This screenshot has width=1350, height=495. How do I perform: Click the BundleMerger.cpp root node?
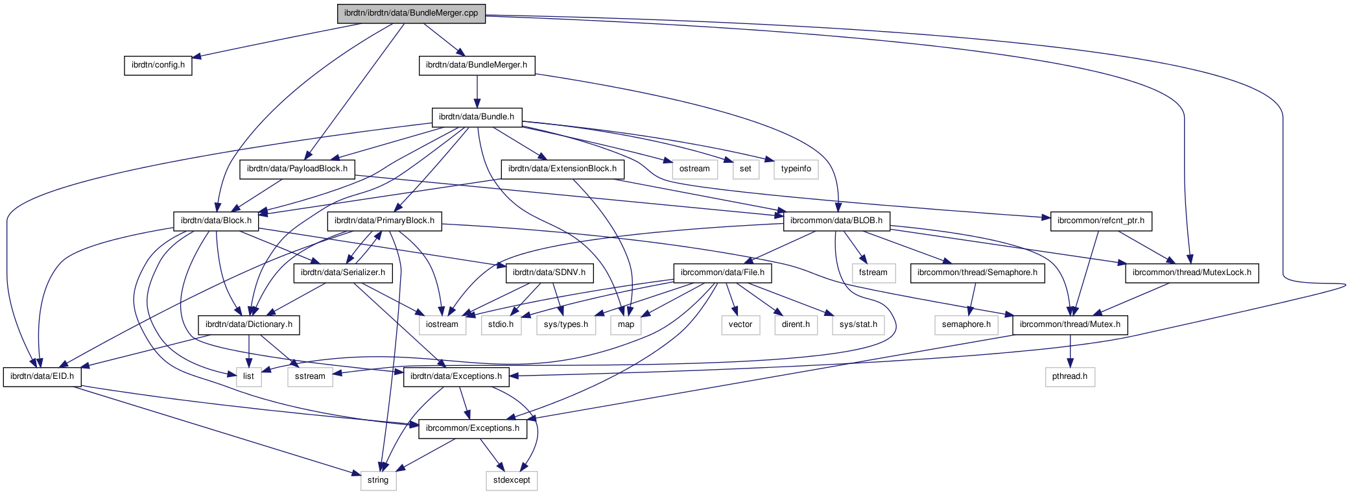click(x=411, y=13)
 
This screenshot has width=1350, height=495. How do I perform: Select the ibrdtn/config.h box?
click(x=158, y=65)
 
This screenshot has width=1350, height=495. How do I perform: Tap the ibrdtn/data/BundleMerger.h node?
click(x=477, y=65)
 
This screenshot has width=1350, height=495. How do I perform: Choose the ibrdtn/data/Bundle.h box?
click(x=477, y=117)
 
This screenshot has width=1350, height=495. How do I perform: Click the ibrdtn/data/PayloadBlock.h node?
click(x=298, y=169)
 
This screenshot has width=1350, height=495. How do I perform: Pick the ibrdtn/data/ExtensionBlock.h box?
click(x=562, y=169)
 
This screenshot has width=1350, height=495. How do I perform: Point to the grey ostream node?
click(x=694, y=169)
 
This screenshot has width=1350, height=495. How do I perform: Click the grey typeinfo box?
click(x=796, y=169)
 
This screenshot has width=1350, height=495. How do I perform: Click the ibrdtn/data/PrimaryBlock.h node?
click(x=385, y=221)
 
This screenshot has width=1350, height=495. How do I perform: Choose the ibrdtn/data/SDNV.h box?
click(x=549, y=272)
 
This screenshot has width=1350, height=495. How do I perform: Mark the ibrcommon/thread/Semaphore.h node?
click(x=977, y=272)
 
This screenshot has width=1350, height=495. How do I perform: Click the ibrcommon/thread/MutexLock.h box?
click(x=1192, y=272)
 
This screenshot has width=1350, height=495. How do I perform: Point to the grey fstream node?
click(x=873, y=272)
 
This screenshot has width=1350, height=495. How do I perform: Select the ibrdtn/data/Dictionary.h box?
click(x=249, y=324)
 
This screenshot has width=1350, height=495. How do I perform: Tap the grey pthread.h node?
click(x=1070, y=376)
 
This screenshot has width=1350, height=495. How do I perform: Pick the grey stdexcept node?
click(x=512, y=480)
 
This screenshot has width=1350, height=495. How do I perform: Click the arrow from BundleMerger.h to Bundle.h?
click(x=477, y=91)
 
